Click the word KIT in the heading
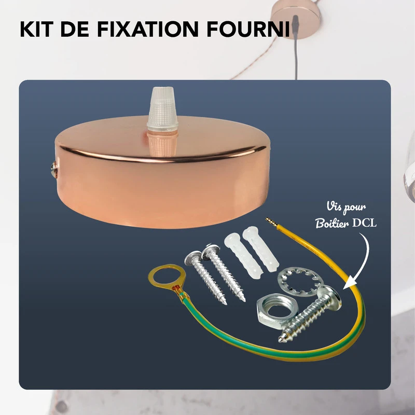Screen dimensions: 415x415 (x=37, y=29)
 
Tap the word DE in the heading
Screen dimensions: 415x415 (x=78, y=29)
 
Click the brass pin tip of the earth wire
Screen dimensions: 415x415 (x=269, y=222)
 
